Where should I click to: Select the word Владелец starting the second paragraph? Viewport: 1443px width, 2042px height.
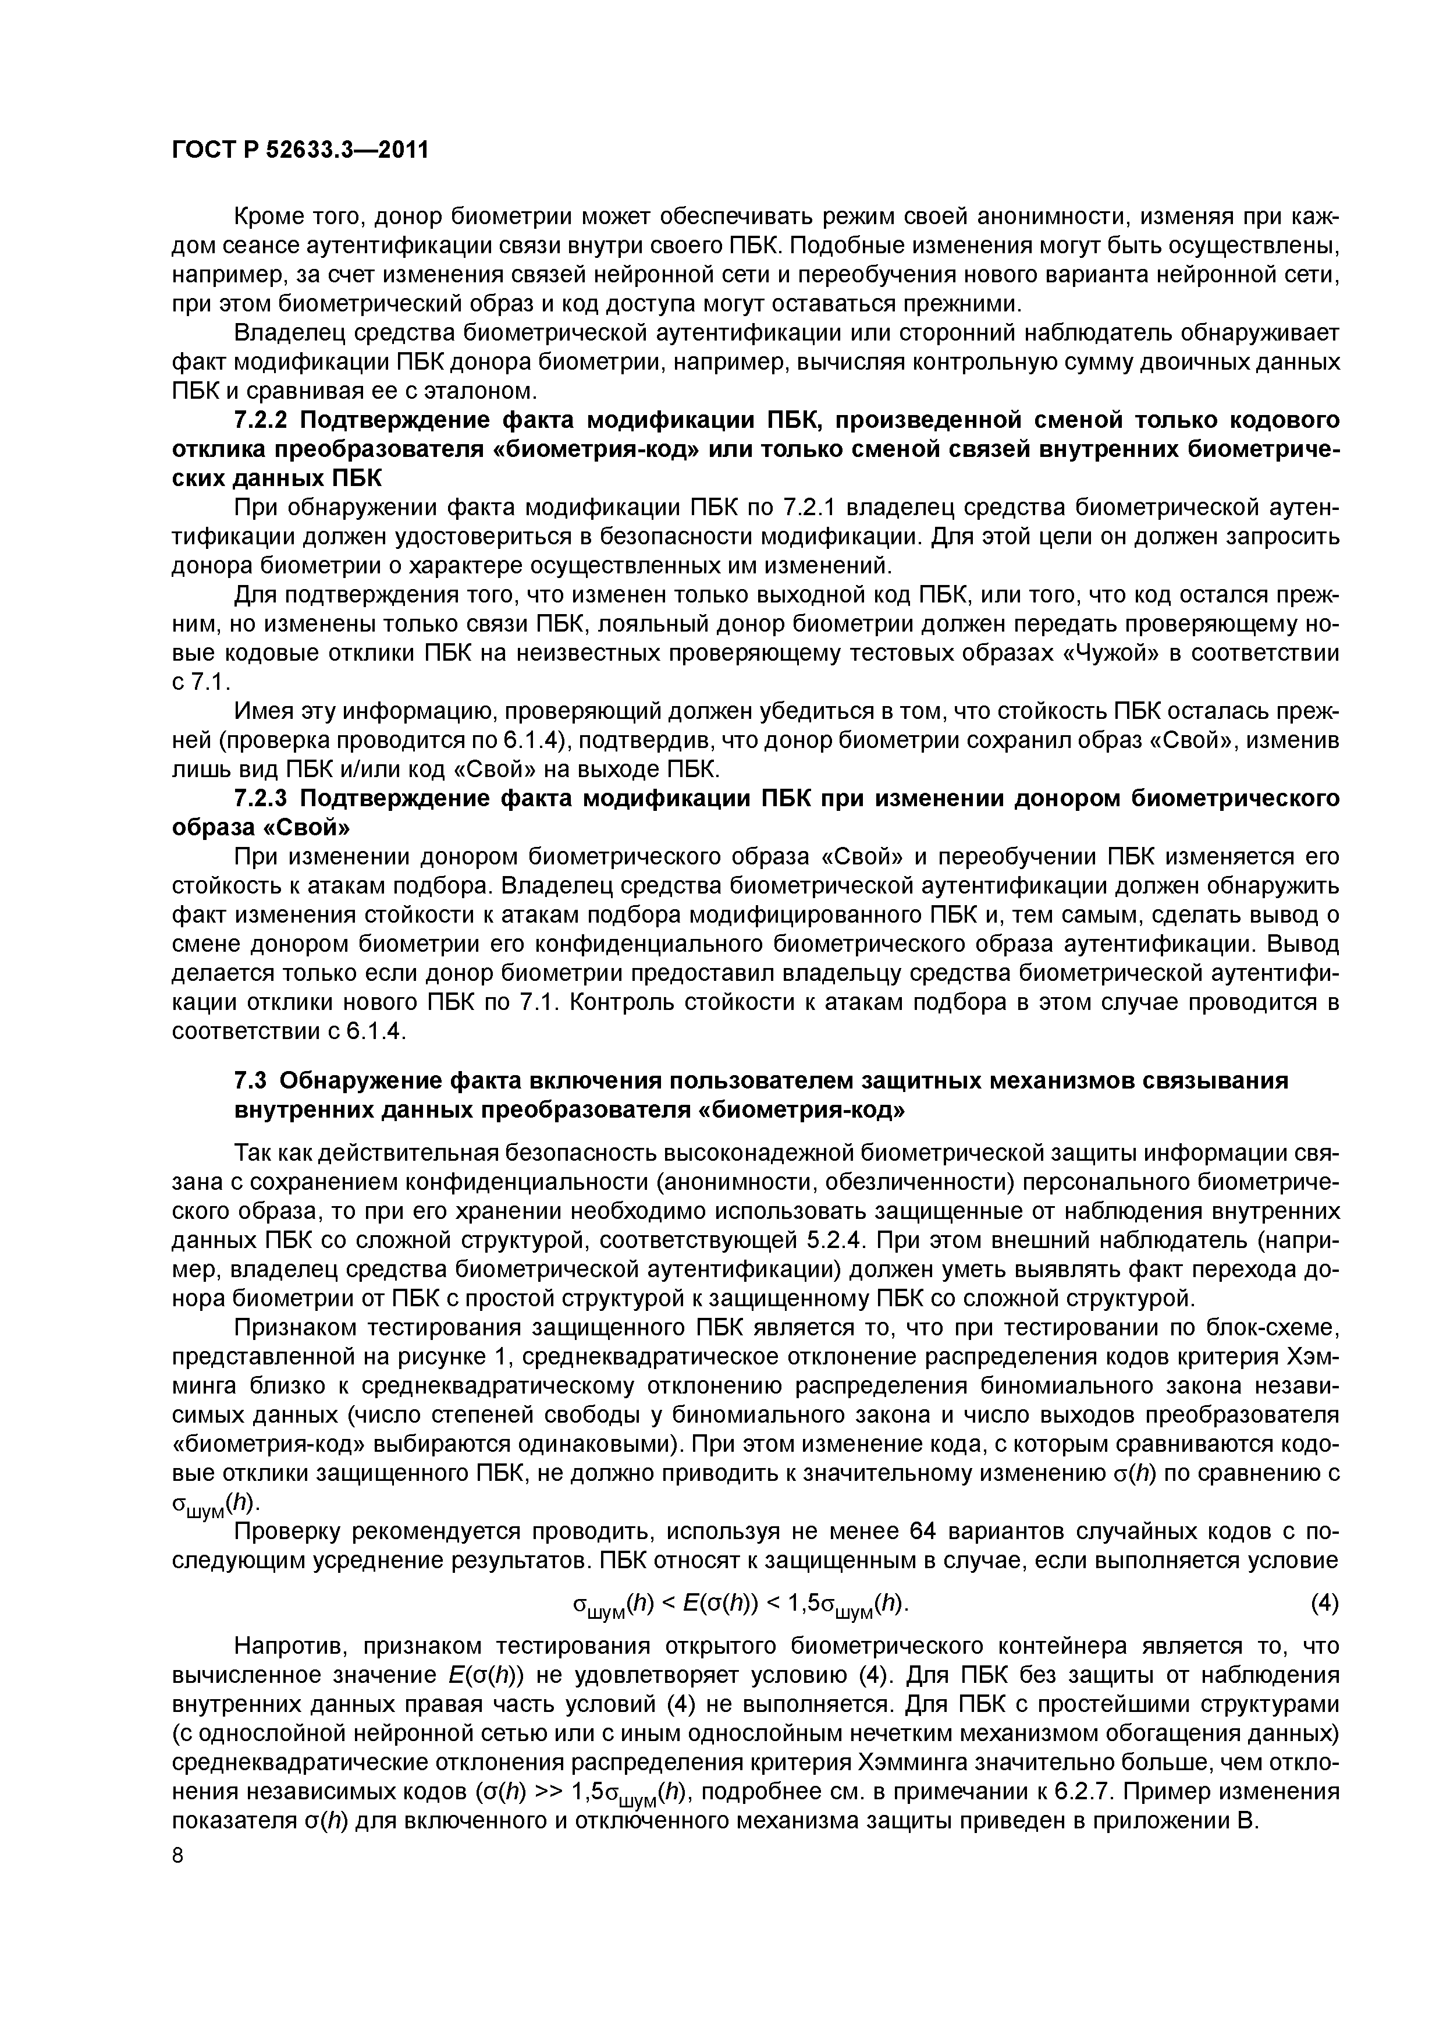(x=288, y=334)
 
